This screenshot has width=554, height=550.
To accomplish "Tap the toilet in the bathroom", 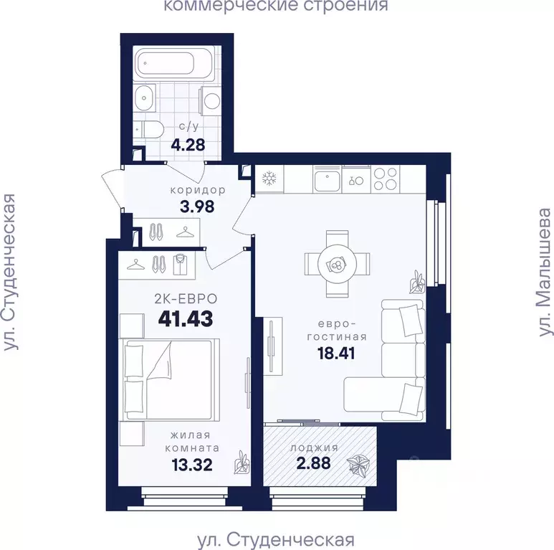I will point(152,129).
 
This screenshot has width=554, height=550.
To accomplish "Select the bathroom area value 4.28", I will point(188,144).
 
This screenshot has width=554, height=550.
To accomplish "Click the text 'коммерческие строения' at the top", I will point(276,6).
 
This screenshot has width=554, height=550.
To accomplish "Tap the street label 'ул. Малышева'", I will point(545,272).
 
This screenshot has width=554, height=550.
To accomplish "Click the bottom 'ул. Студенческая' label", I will point(276,539).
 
